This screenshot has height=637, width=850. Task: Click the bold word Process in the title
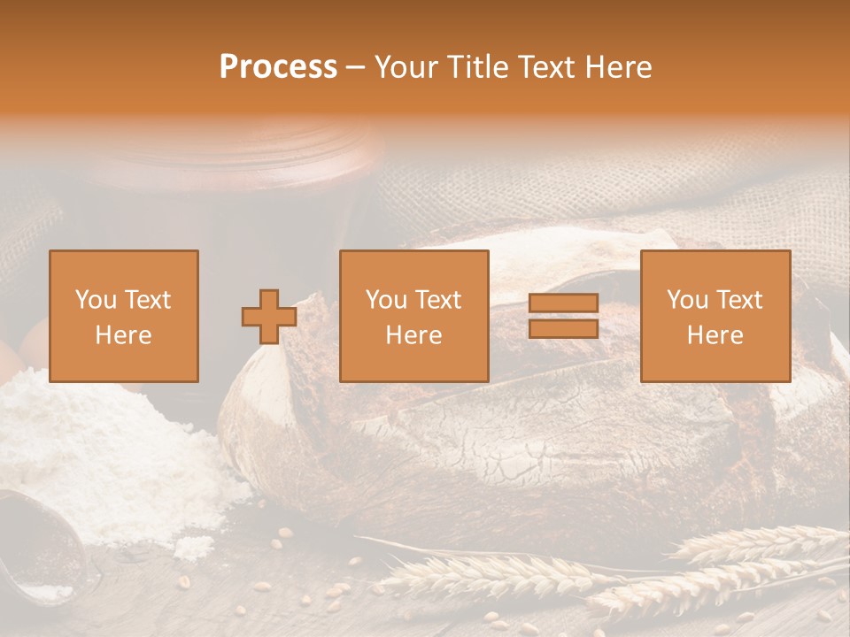pos(278,67)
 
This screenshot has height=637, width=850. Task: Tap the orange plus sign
pos(269,317)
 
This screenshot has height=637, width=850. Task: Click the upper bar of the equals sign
pos(563,303)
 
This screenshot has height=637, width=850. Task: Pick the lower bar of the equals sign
pos(563,329)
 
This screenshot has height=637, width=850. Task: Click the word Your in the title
pos(404,67)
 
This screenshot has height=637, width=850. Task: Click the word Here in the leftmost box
pos(124,335)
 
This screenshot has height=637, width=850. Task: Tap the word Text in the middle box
pos(437,300)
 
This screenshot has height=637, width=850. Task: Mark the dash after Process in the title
pos(356,68)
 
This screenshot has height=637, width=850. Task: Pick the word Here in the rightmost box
pos(715,335)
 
